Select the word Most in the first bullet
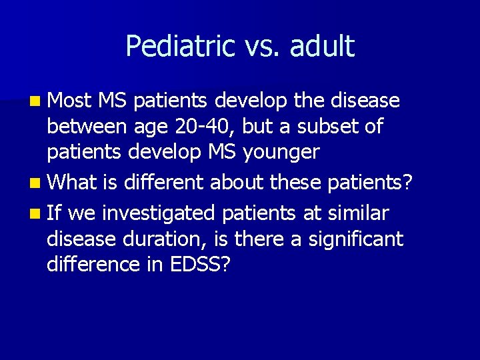click(71, 101)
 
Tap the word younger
click(281, 153)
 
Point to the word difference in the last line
click(93, 265)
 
